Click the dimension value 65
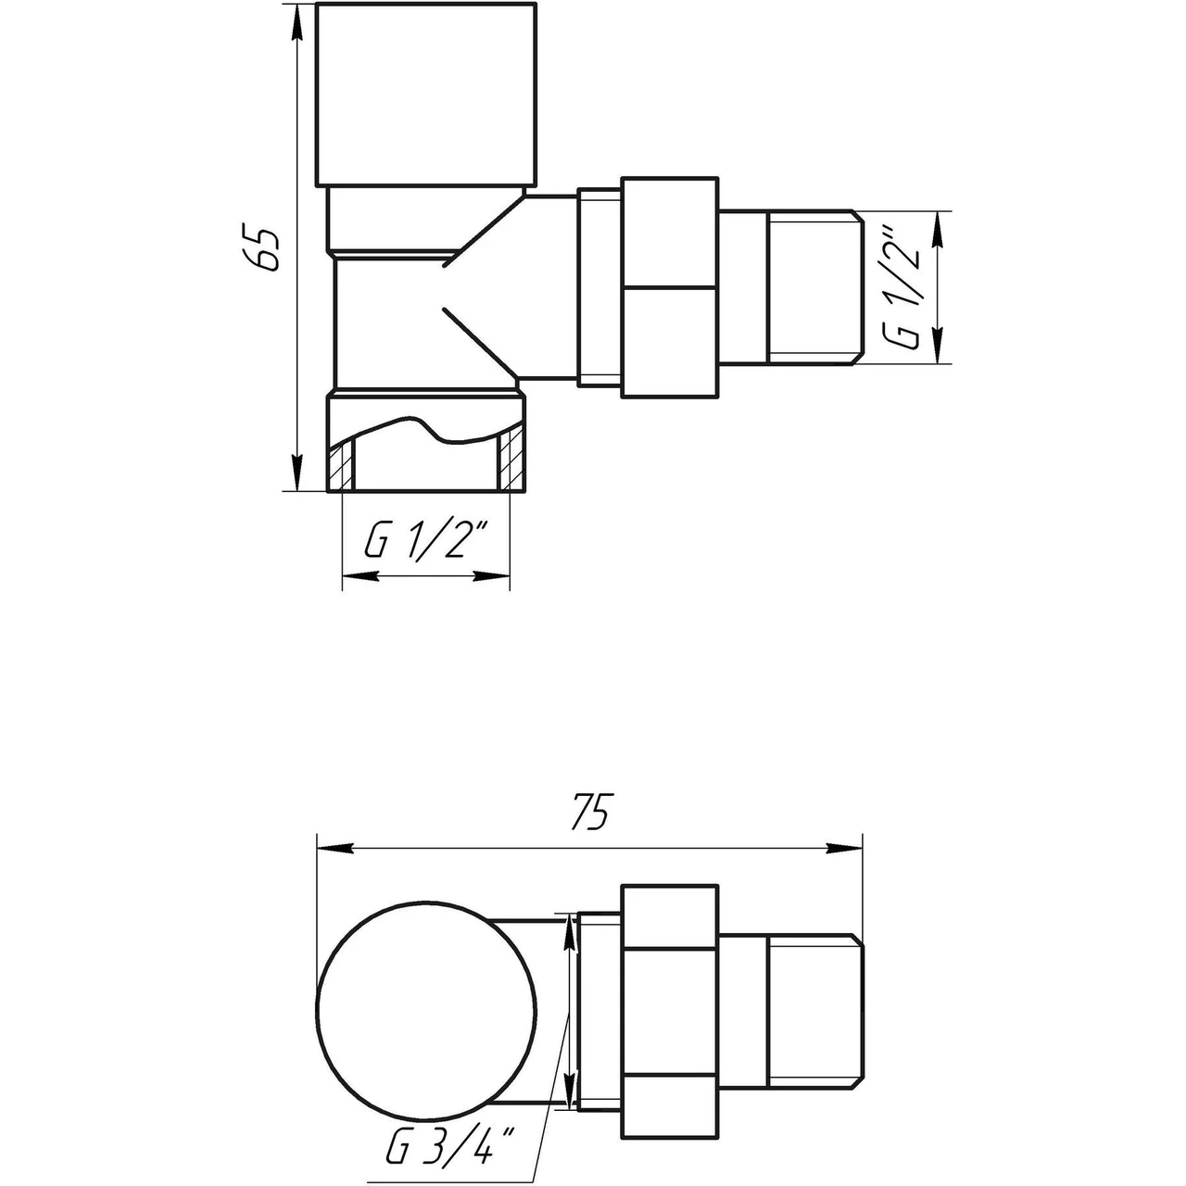pyautogui.click(x=268, y=247)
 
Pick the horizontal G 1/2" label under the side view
pyautogui.click(x=425, y=542)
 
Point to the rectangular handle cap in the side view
pyautogui.click(x=426, y=95)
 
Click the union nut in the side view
pyautogui.click(x=669, y=287)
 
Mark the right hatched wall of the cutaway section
pyautogui.click(x=508, y=463)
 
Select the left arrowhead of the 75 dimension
pyautogui.click(x=334, y=848)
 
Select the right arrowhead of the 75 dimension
pyautogui.click(x=845, y=848)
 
